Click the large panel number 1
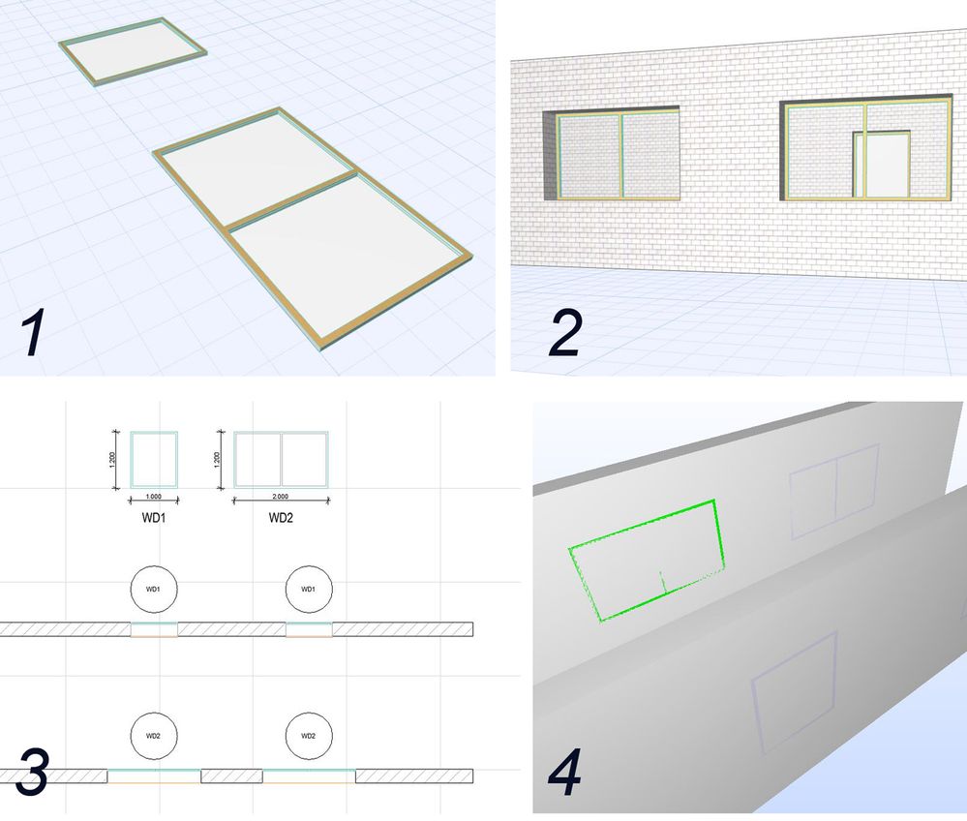[x=33, y=333]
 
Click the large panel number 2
[x=565, y=333]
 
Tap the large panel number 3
[x=32, y=771]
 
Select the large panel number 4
[x=565, y=773]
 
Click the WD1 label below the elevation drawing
[x=154, y=518]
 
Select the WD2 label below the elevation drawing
[x=281, y=518]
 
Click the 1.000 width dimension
[x=154, y=497]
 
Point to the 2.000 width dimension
[x=280, y=497]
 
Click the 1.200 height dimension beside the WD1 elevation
[x=111, y=460]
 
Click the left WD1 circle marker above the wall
[x=154, y=589]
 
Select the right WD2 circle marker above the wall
[x=309, y=736]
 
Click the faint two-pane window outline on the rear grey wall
[x=791, y=500]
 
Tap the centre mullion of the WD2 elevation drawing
[x=282, y=459]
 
